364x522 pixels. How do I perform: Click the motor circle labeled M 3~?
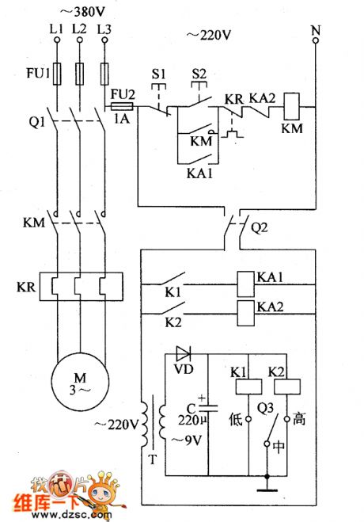(x=78, y=385)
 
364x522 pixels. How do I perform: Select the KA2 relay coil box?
(x=246, y=311)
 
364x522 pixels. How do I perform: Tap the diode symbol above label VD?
(x=184, y=353)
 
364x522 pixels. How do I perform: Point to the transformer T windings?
(x=154, y=428)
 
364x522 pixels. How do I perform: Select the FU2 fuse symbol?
(x=121, y=105)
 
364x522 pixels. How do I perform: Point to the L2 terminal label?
(x=78, y=29)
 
